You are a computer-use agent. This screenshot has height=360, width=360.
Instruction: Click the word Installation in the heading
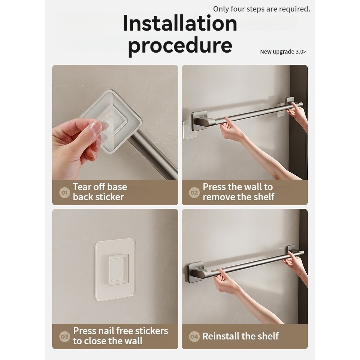[180, 23]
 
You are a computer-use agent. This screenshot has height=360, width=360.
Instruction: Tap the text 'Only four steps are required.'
[261, 9]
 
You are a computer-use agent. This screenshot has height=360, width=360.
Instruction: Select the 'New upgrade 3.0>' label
[283, 51]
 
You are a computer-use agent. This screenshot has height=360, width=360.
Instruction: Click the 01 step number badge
[64, 192]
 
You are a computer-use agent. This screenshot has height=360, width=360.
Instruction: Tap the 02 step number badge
[194, 192]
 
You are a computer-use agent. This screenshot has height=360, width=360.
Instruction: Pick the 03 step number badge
[64, 337]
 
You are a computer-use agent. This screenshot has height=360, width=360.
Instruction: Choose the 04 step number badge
[194, 337]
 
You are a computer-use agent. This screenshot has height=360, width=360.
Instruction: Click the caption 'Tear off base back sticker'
[100, 192]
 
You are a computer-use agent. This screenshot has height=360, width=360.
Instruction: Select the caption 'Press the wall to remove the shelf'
[239, 192]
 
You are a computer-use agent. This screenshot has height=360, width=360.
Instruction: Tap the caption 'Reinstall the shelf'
[240, 336]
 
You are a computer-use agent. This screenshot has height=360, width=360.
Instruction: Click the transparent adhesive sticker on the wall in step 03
[115, 270]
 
